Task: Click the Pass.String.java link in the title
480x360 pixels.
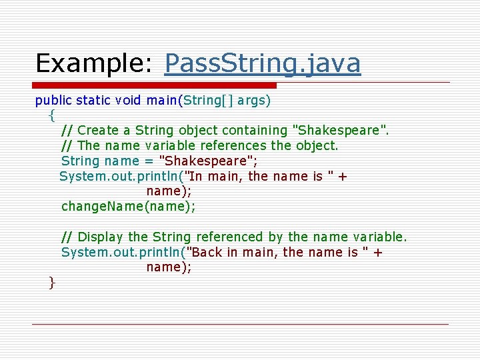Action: (262, 63)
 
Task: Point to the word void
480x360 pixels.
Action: (128, 101)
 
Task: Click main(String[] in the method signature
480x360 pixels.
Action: (189, 101)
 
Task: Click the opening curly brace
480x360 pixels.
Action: (52, 115)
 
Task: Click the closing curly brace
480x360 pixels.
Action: (52, 283)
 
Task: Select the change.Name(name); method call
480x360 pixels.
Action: (128, 206)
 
